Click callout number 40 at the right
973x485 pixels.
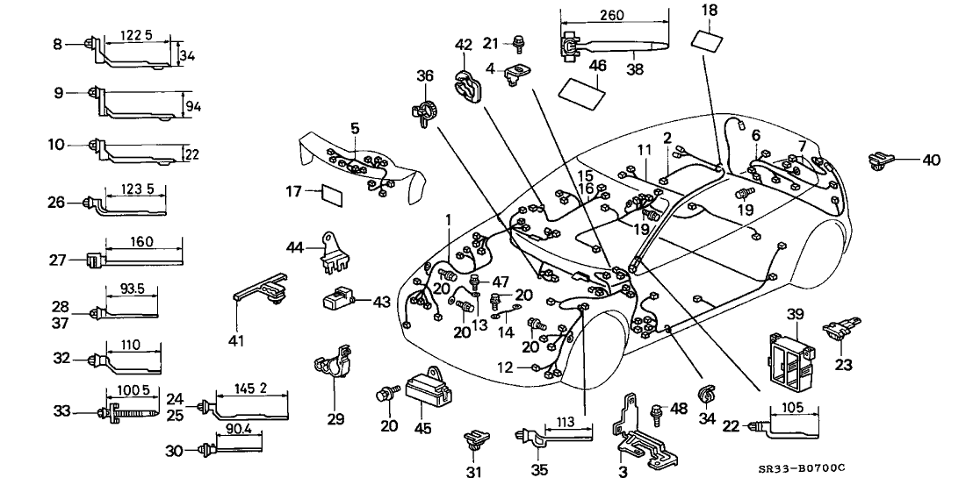pos(931,160)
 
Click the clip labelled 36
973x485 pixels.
pos(424,111)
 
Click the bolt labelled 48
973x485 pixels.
pos(654,410)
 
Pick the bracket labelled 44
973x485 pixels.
pos(336,249)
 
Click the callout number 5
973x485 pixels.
pos(355,128)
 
